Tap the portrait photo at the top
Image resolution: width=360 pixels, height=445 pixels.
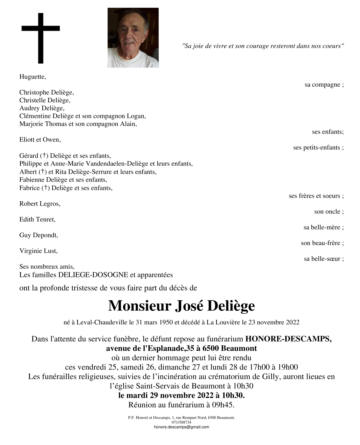(x=133, y=38)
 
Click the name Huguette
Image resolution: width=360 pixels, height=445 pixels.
(x=33, y=77)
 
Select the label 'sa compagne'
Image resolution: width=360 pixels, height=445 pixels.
(x=324, y=85)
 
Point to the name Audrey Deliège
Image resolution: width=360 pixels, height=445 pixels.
(x=42, y=108)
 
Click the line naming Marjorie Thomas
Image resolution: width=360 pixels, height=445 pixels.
(x=78, y=124)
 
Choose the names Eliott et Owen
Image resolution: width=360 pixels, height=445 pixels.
(x=40, y=140)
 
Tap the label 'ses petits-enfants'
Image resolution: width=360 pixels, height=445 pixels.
(x=318, y=148)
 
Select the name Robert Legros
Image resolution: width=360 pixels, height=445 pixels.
(x=40, y=204)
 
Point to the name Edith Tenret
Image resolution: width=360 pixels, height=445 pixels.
(x=37, y=220)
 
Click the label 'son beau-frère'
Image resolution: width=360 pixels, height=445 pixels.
(x=322, y=243)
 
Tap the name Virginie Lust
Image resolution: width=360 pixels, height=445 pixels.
(x=39, y=251)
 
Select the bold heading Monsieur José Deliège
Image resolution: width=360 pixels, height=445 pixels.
(x=181, y=306)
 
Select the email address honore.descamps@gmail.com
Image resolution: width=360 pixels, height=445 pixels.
(x=181, y=427)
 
